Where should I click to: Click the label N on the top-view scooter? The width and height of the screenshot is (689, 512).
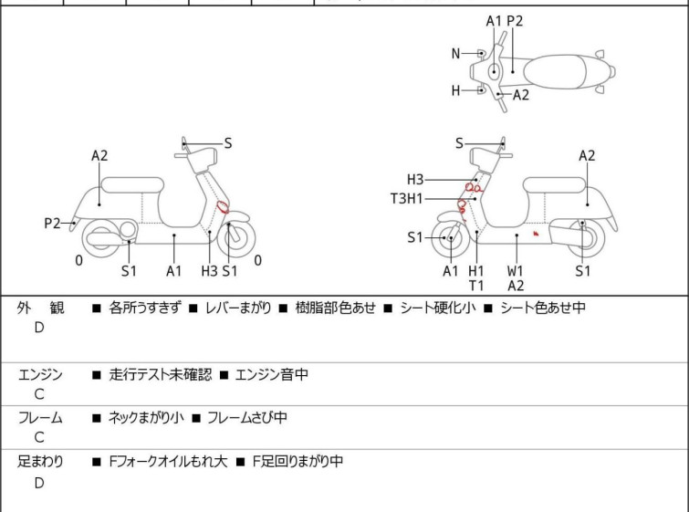point(455,54)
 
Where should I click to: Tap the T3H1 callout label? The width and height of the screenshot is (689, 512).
point(406,199)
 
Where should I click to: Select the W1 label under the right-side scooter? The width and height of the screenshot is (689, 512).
point(515,271)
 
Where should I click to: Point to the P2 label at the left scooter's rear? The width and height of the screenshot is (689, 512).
point(52,224)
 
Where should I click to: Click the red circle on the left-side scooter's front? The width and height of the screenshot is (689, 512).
point(223,207)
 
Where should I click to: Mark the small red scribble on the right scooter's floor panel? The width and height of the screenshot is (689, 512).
point(536,234)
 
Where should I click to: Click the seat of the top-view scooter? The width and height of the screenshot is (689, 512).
point(555,72)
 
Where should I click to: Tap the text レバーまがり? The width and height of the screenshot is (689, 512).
point(238,308)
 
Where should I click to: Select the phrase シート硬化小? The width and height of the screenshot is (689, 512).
point(438,308)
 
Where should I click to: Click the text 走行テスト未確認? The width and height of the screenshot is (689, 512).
point(161,374)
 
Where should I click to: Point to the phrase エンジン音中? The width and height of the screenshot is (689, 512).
point(272,374)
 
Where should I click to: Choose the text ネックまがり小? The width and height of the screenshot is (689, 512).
point(146,417)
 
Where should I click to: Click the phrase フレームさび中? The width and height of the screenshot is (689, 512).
point(247,417)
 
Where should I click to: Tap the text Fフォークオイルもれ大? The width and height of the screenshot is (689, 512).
point(168,462)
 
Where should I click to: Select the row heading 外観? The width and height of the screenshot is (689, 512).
point(40,308)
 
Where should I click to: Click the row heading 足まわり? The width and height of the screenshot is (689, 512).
point(40,462)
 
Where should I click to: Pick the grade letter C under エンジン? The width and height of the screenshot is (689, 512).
point(39,394)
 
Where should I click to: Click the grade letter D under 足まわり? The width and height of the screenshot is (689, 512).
point(39,483)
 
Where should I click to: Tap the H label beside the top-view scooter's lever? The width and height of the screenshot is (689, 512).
point(455,90)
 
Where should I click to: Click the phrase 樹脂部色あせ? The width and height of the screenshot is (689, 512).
point(335,308)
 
